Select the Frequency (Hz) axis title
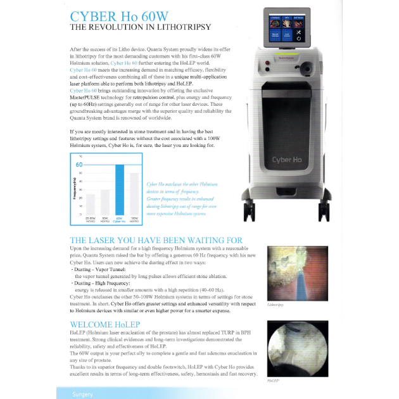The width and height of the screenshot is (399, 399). (x=73, y=190)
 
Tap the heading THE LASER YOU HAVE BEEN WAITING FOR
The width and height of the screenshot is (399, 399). (x=156, y=241)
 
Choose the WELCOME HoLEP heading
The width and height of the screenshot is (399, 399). (x=105, y=325)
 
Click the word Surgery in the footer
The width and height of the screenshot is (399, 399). (x=82, y=394)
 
